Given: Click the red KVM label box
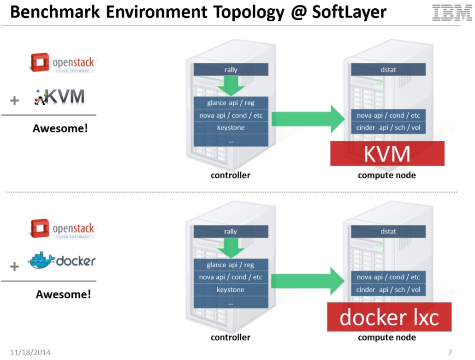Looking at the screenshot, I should pos(387,154).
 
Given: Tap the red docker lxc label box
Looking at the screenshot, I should pos(389,318).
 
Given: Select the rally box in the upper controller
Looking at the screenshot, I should pos(231,70).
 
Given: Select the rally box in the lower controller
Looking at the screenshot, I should pos(231,232).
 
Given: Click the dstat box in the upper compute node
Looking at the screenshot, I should pos(388,70).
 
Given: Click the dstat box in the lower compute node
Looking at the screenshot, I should pos(388,232).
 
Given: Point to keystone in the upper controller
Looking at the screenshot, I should pos(231,128).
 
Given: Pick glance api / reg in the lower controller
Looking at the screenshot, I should pos(231,265).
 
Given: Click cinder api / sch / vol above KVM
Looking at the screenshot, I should pos(388,128).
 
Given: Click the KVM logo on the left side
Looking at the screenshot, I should pos(60,97).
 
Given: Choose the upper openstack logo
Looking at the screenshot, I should pos(63,63).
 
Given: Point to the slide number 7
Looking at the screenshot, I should pos(450,353).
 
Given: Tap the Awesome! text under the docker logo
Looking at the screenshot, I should pos(63,294).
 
